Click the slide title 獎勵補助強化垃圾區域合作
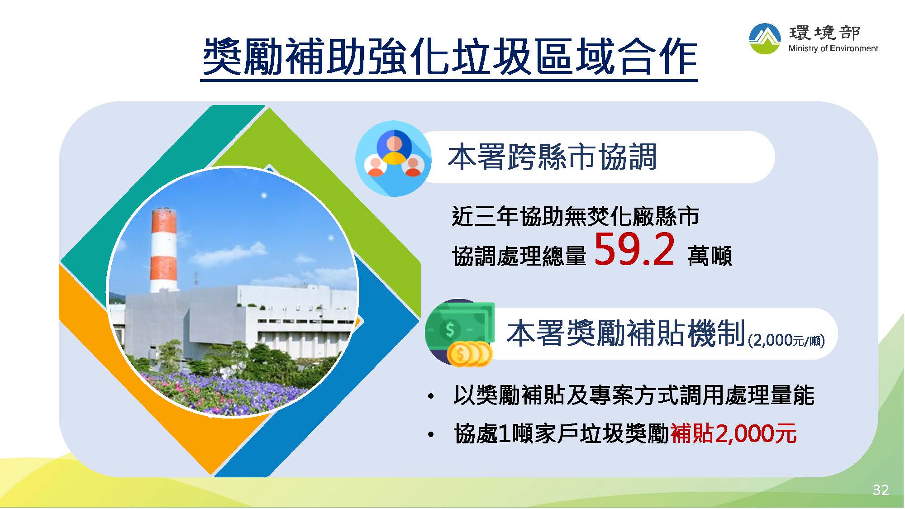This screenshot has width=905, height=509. click(x=449, y=57)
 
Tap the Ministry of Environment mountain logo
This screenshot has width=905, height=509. click(x=765, y=39)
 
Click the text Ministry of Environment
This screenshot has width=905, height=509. click(x=833, y=48)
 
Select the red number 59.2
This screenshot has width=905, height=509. click(x=634, y=249)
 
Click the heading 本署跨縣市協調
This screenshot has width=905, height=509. click(x=552, y=157)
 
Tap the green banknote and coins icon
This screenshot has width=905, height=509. click(x=460, y=333)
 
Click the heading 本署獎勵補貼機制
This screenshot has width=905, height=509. click(x=626, y=333)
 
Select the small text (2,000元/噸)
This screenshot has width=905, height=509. click(x=786, y=340)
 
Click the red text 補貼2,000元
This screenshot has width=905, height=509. click(x=733, y=433)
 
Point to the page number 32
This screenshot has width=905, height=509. click(x=881, y=490)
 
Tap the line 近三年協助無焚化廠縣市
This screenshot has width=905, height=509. click(x=576, y=216)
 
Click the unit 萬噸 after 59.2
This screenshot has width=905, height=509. click(x=710, y=256)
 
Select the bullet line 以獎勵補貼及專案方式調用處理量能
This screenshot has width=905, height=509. click(x=634, y=395)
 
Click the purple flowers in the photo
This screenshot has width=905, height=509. click(x=226, y=393)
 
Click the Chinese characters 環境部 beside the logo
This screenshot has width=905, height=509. click(x=824, y=33)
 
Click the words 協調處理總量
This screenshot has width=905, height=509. click(x=519, y=256)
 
